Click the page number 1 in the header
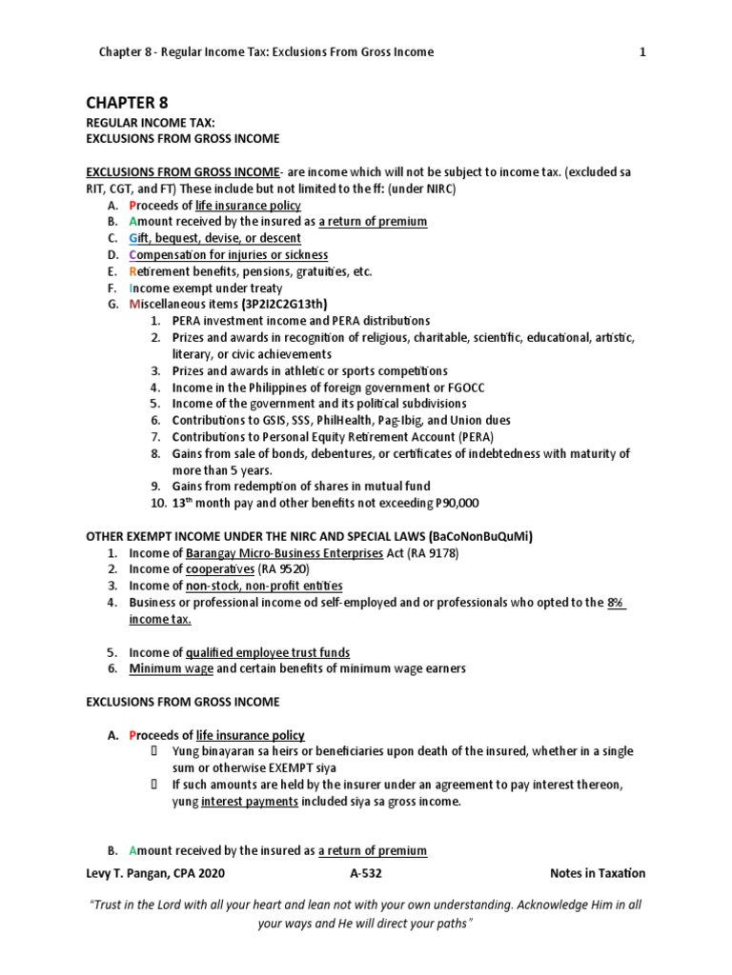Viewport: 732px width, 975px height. (x=642, y=52)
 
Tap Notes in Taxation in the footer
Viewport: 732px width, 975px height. (x=598, y=873)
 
